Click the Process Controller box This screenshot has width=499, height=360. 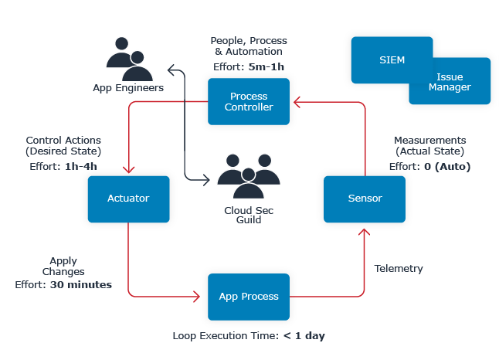point(249,101)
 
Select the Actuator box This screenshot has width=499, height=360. point(128,199)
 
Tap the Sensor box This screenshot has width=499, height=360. point(365,199)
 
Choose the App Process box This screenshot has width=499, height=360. point(249,296)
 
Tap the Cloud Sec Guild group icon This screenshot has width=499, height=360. point(248,177)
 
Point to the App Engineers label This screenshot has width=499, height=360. point(128,88)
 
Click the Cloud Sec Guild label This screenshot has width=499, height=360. point(248,214)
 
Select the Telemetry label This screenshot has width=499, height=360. point(399,269)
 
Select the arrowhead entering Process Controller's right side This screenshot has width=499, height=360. point(294,101)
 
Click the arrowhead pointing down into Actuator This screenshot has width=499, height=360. point(128,172)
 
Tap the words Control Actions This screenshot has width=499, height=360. point(63,141)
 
